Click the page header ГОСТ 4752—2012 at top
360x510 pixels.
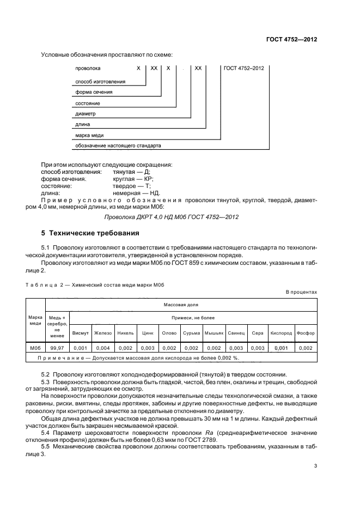[291, 39]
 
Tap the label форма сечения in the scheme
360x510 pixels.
[93, 92]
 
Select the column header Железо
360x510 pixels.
[103, 333]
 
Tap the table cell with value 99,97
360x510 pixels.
[57, 348]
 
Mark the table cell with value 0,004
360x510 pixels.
[103, 348]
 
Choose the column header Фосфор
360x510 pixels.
[306, 333]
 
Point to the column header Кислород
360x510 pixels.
[281, 333]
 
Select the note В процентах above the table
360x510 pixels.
[301, 292]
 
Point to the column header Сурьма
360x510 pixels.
[192, 333]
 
